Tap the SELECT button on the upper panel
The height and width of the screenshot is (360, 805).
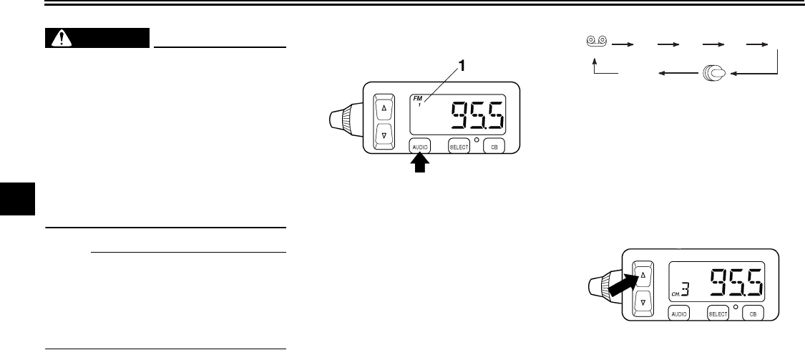coord(458,146)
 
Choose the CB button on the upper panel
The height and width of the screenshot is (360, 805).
coord(493,146)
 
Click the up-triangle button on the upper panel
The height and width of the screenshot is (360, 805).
coord(384,109)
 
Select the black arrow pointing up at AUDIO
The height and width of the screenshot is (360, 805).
coord(419,167)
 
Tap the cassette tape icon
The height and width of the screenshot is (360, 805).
coord(595,42)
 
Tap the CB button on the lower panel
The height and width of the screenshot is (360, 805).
coord(751,313)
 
